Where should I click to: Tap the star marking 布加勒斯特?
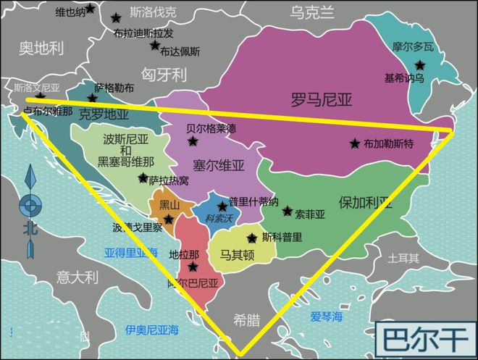tap(354, 143)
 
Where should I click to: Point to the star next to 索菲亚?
tap(288, 212)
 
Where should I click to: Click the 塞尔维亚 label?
tap(218, 164)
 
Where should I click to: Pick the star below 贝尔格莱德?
tap(193, 141)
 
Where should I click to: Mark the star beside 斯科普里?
tap(252, 238)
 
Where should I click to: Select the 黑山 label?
tap(160, 205)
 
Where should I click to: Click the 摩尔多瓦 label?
tap(413, 46)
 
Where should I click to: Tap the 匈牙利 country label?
tap(164, 74)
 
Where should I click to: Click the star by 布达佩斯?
tap(154, 45)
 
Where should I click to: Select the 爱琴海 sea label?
tap(326, 317)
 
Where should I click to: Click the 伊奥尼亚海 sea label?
tap(151, 330)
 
